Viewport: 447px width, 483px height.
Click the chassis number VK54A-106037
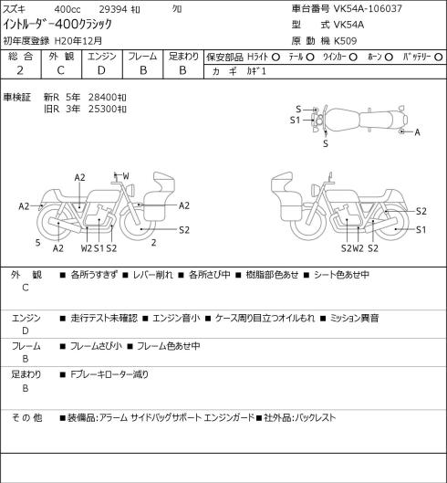tap(368, 8)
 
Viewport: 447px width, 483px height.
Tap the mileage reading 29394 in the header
tap(113, 9)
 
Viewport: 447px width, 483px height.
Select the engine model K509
tap(345, 41)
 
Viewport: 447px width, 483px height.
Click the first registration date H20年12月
tap(78, 41)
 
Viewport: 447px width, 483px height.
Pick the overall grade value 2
tap(20, 70)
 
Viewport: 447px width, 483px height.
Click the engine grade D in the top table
tap(101, 70)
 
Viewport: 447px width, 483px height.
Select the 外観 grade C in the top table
tap(60, 70)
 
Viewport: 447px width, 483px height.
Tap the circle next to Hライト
tap(275, 57)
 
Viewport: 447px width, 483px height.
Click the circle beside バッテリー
tap(439, 57)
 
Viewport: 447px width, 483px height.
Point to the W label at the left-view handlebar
tap(126, 176)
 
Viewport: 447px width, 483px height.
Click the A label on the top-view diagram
tap(417, 132)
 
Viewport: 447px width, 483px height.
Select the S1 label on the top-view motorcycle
tap(295, 121)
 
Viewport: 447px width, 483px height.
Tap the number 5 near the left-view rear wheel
tap(37, 243)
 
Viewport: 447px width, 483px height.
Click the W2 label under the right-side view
tap(358, 248)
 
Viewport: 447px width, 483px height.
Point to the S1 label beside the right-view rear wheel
tap(421, 229)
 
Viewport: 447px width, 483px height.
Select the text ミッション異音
tap(354, 318)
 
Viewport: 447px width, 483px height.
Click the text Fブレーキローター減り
tap(109, 374)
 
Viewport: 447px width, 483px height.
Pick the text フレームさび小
tap(96, 346)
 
